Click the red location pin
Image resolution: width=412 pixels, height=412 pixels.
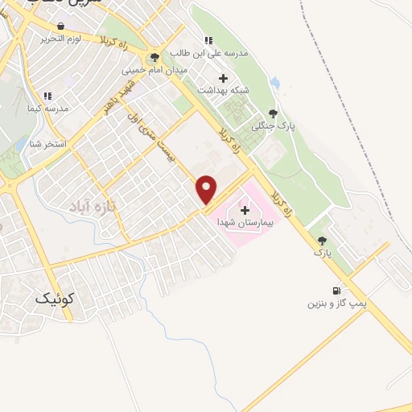tap(207, 189)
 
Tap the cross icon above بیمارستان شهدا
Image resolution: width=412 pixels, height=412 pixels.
tap(245, 210)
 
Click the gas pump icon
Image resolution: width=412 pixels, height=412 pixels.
tap(335, 290)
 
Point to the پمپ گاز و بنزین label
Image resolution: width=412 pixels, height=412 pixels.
tap(337, 304)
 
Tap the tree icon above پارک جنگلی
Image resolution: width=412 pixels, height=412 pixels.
tap(273, 113)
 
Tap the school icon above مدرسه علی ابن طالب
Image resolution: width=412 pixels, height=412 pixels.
tap(208, 40)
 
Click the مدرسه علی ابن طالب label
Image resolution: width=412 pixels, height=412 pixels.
tap(208, 54)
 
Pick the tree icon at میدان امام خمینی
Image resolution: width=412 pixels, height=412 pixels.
tap(154, 57)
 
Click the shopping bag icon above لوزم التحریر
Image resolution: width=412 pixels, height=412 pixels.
tap(61, 26)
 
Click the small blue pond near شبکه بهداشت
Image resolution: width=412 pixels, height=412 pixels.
tap(275, 83)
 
